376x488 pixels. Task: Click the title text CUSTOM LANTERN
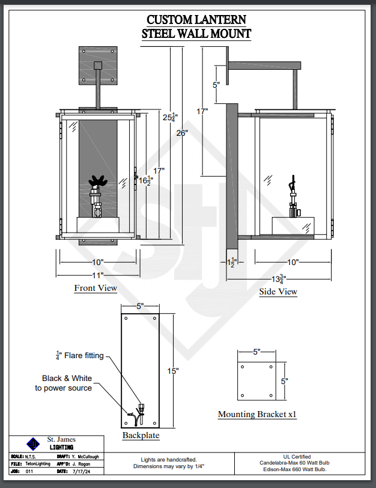tap(196, 20)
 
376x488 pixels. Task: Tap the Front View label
tap(96, 288)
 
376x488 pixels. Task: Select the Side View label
tap(278, 291)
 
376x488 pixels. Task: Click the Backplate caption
tap(141, 435)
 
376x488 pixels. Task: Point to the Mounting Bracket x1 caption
tap(257, 414)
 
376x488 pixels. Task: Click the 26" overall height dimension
tap(182, 133)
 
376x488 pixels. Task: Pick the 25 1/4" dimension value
tap(171, 117)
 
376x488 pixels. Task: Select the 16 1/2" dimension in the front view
tap(145, 180)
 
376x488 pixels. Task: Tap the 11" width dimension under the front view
tap(98, 275)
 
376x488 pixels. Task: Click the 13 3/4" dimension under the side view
tap(279, 279)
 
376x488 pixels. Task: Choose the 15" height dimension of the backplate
tap(173, 371)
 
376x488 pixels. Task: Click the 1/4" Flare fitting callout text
tap(80, 355)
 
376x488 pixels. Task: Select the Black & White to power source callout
tap(64, 383)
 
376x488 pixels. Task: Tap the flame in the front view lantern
tap(98, 181)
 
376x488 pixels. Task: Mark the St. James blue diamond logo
tap(33, 444)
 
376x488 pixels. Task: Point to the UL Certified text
tap(297, 457)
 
